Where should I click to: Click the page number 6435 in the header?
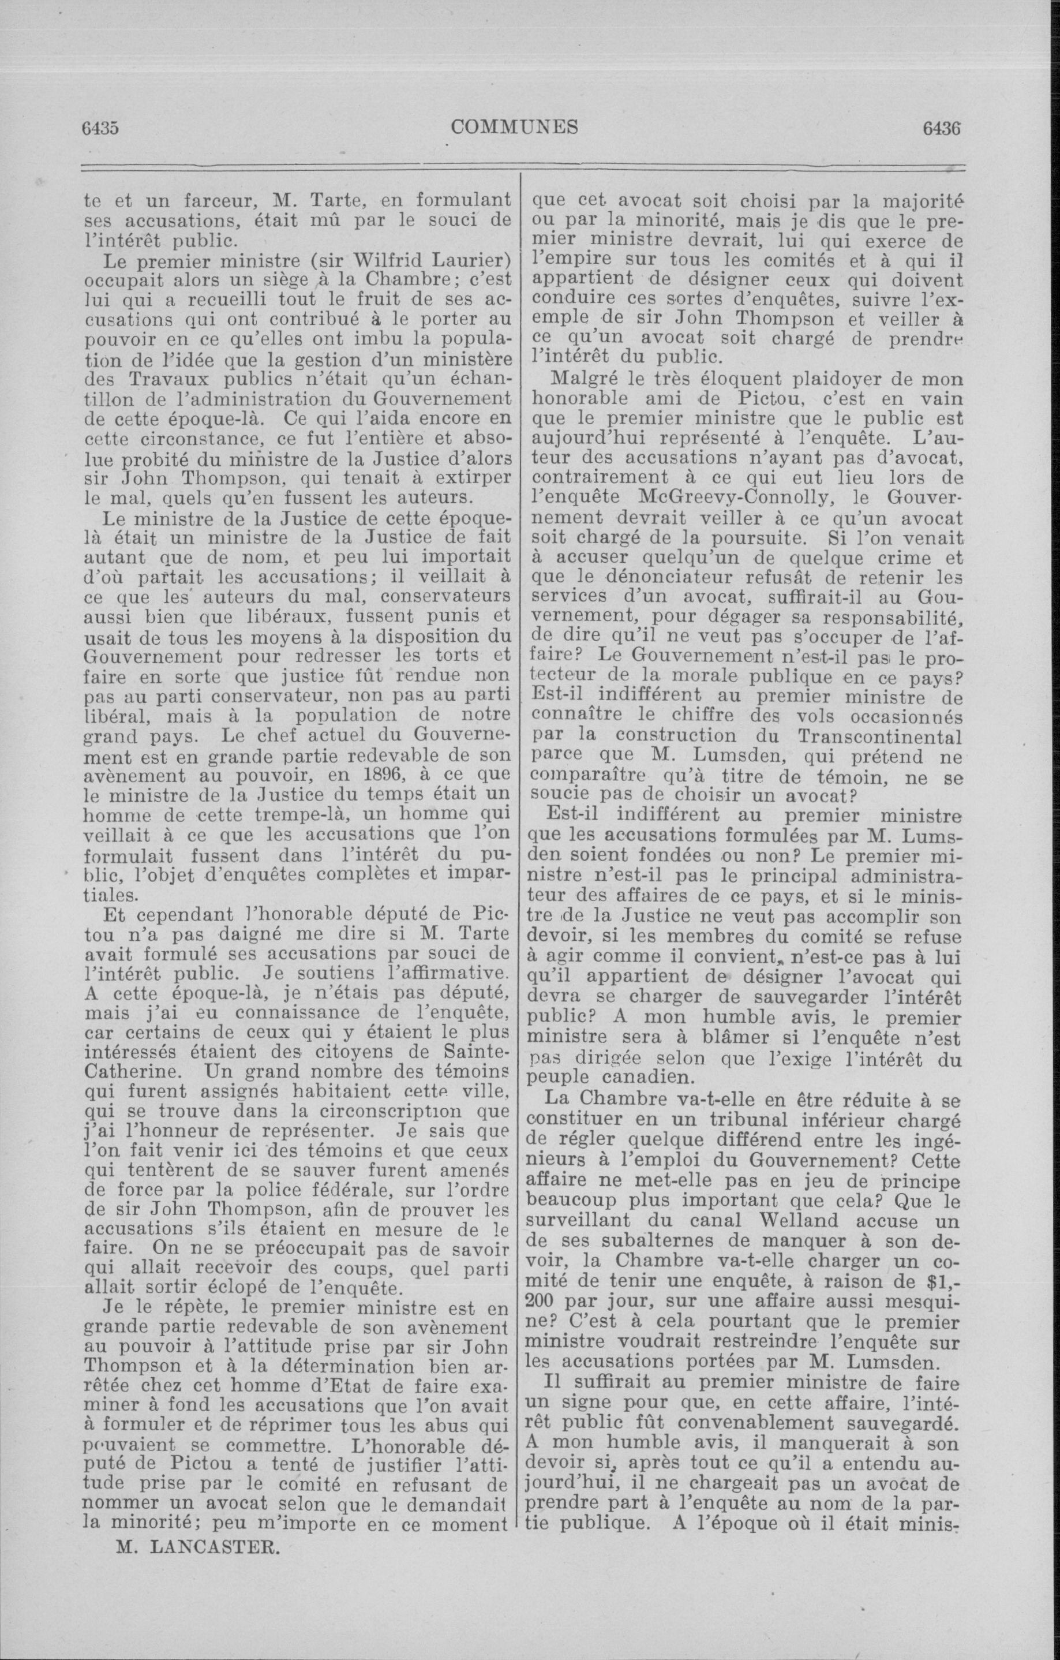pyautogui.click(x=102, y=128)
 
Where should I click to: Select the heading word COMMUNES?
pyautogui.click(x=514, y=128)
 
